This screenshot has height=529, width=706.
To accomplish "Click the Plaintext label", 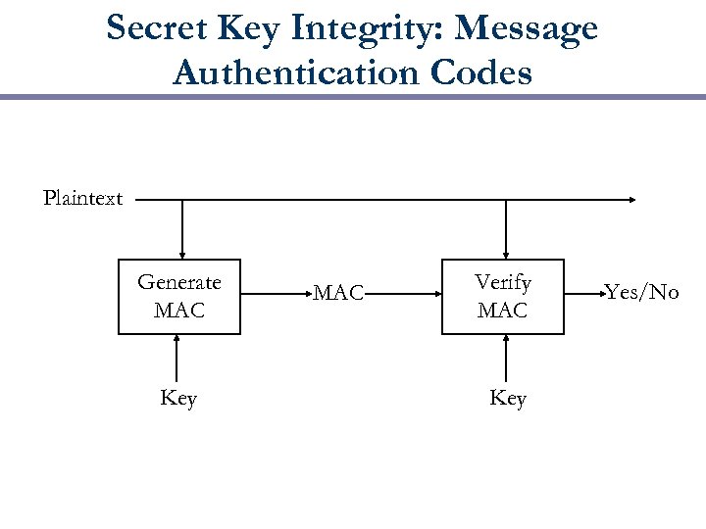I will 83,199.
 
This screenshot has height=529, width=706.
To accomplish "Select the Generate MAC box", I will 179,297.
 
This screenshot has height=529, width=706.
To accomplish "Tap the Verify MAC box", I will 503,297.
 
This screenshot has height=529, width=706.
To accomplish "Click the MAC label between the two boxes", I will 338,293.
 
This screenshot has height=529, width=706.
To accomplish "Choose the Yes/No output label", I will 641,293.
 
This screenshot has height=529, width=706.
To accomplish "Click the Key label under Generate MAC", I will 178,399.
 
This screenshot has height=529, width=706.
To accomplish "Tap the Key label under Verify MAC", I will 508,399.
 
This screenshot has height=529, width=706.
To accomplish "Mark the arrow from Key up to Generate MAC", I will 176,358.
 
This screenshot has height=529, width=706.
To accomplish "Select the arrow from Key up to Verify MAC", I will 505,358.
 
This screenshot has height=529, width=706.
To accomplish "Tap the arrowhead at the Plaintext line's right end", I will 632,200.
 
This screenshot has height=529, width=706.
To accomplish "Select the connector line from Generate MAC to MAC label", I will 275,292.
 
